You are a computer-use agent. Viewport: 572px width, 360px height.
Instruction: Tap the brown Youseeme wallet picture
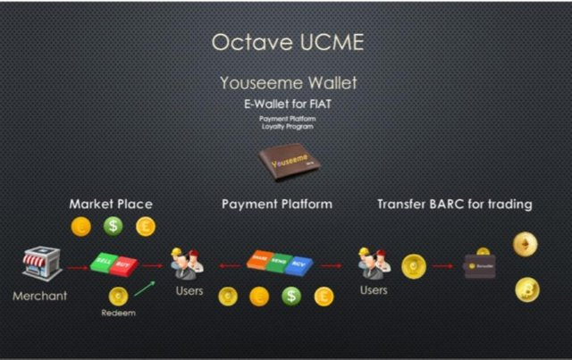pyautogui.click(x=286, y=163)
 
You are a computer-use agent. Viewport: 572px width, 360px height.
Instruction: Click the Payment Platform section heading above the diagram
pyautogui.click(x=277, y=204)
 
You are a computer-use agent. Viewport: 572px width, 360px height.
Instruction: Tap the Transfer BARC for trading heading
pyautogui.click(x=454, y=204)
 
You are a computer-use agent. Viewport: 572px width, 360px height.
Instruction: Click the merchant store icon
pyautogui.click(x=40, y=264)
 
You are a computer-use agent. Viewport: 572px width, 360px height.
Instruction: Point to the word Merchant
pyautogui.click(x=40, y=296)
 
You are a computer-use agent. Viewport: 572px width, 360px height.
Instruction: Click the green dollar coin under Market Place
pyautogui.click(x=114, y=227)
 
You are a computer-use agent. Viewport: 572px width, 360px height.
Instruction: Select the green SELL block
pyautogui.click(x=104, y=265)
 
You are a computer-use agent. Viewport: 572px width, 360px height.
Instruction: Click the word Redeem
pyautogui.click(x=118, y=314)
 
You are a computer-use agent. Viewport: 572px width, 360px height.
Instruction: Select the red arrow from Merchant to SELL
pyautogui.click(x=74, y=265)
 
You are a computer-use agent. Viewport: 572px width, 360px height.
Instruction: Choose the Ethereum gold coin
pyautogui.click(x=526, y=245)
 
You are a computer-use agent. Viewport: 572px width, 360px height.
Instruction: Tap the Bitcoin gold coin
pyautogui.click(x=526, y=289)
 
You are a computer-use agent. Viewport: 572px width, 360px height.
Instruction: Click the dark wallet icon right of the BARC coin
pyautogui.click(x=481, y=265)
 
